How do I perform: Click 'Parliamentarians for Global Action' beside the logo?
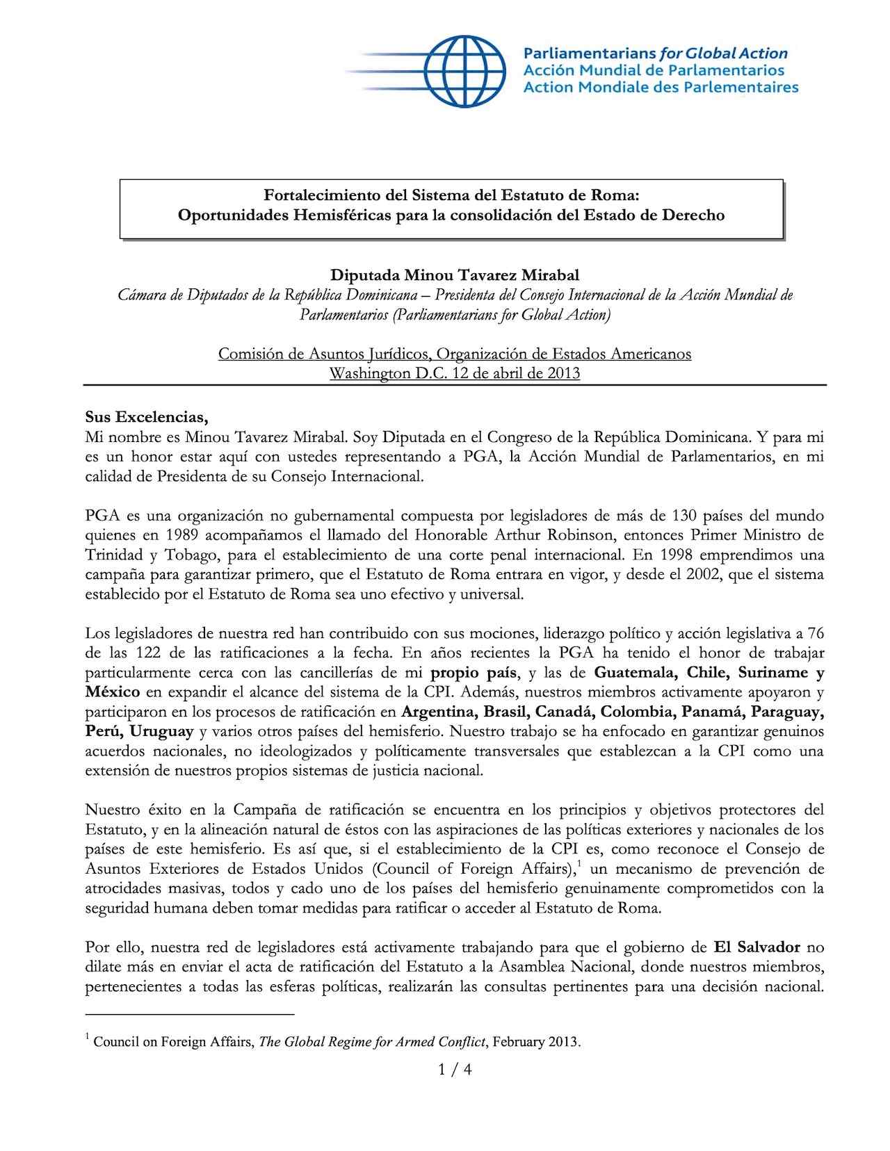point(655,54)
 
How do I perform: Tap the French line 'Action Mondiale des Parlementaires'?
point(660,88)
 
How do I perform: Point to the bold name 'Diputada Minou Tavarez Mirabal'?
point(454,275)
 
